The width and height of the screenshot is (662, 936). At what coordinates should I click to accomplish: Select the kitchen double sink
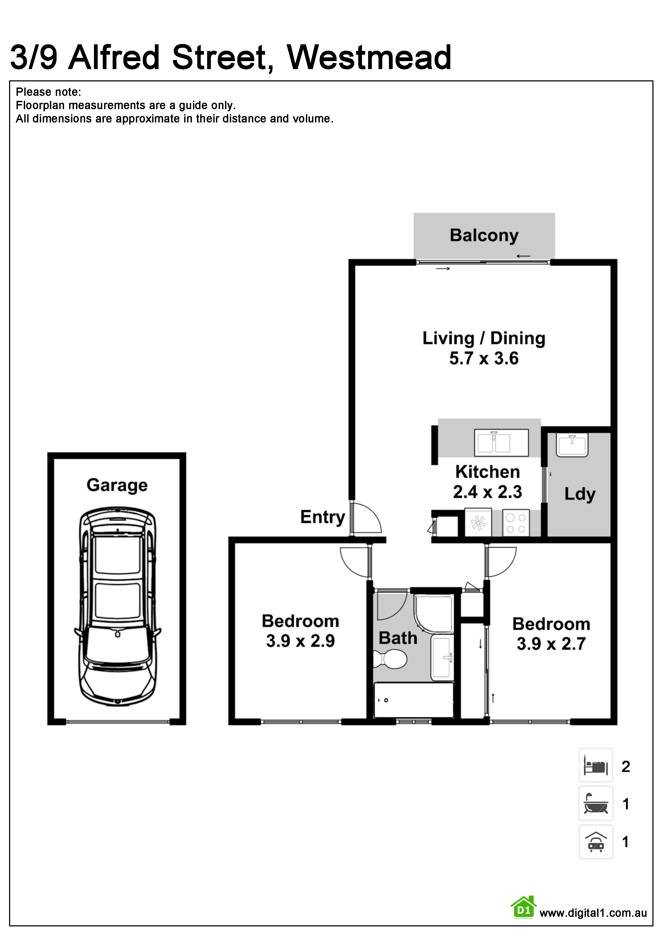pos(501,442)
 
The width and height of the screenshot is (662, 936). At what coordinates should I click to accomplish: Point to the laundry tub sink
pos(573,445)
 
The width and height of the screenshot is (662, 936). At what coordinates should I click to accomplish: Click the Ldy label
pos(580,494)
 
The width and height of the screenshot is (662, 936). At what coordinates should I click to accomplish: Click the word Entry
pos(323,517)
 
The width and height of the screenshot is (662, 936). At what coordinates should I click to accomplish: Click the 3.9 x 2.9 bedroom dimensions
pos(300,641)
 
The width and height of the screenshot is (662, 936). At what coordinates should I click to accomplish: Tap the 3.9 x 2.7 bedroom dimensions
pos(551,644)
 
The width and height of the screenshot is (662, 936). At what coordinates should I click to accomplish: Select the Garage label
pos(117,486)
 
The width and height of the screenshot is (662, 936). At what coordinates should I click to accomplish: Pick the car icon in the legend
pos(596,842)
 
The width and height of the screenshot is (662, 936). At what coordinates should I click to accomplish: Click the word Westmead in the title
pos(369,57)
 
